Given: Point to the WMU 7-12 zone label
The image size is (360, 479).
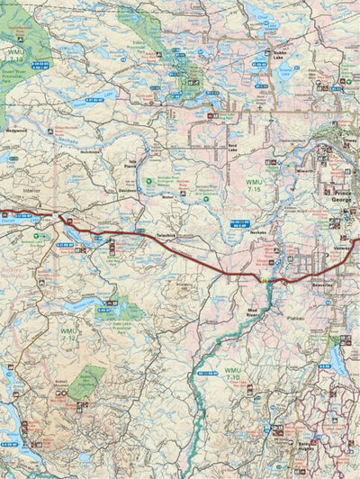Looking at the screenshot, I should pyautogui.click(x=68, y=335).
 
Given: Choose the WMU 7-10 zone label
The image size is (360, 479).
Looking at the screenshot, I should pyautogui.click(x=234, y=374).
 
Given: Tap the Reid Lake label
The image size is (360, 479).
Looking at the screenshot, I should pyautogui.click(x=233, y=146).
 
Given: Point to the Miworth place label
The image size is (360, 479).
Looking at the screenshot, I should pyautogui.click(x=304, y=168).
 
